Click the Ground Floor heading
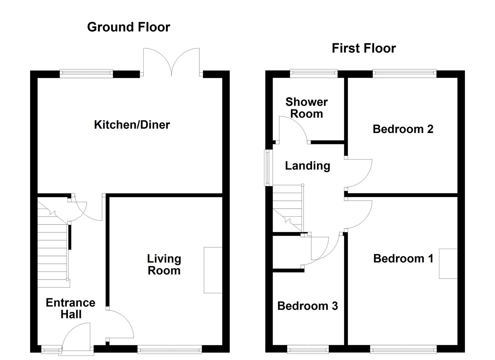pyautogui.click(x=128, y=27)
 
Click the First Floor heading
pyautogui.click(x=363, y=48)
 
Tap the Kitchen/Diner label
pyautogui.click(x=132, y=125)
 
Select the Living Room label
pyautogui.click(x=164, y=264)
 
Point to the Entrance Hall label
pyautogui.click(x=70, y=308)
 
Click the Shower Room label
pyautogui.click(x=306, y=108)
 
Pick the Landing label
pyautogui.click(x=307, y=166)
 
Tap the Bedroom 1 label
pyautogui.click(x=403, y=258)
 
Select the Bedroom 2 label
pyautogui.click(x=403, y=129)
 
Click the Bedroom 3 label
pyautogui.click(x=307, y=306)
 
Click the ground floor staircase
pyautogui.click(x=53, y=247)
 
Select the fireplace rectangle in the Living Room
pyautogui.click(x=213, y=270)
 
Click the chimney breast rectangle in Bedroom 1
pyautogui.click(x=448, y=263)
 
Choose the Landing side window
pyautogui.click(x=268, y=168)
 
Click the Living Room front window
pyautogui.click(x=170, y=349)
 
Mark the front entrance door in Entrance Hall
pyautogui.click(x=77, y=337)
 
